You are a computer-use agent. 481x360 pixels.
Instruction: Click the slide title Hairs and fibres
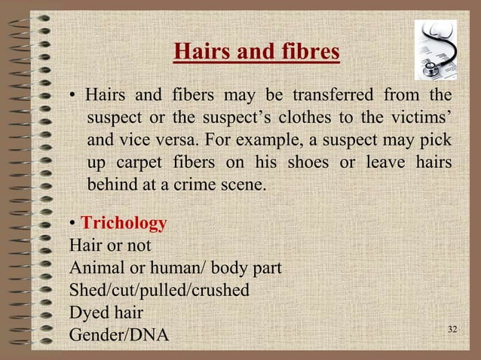point(257,53)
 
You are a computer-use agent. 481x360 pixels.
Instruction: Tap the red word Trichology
point(124,224)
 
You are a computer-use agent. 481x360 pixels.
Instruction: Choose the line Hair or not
point(110,246)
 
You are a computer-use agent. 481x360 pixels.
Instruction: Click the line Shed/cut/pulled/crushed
point(159,288)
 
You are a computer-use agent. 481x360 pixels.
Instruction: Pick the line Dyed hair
point(106,310)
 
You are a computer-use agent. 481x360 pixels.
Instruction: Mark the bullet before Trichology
point(72,224)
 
